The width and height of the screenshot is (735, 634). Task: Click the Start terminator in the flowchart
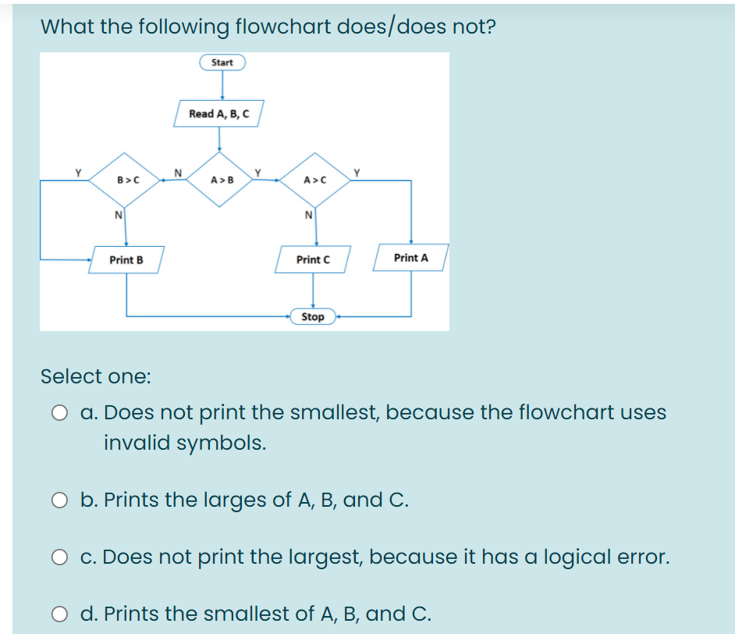point(222,62)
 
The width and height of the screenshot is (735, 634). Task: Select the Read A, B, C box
point(219,113)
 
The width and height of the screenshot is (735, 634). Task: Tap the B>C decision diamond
point(128,180)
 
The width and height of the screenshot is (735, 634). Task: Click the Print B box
point(126,259)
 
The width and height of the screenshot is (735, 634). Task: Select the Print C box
point(313,259)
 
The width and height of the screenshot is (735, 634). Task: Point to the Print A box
point(411,257)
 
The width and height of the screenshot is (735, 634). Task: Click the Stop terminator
point(313,316)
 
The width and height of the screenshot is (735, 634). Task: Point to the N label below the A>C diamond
point(309,215)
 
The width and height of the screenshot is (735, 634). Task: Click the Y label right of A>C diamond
point(357,172)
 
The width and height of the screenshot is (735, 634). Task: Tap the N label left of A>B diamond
point(178,172)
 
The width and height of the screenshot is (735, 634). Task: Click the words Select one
point(95,376)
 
